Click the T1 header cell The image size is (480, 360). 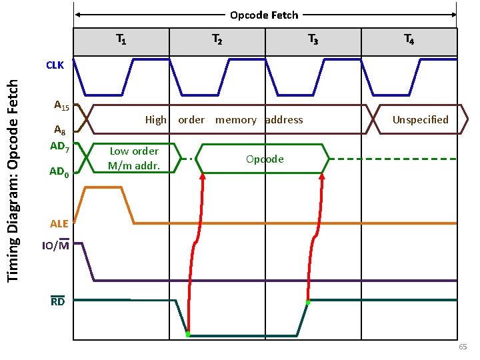[x=121, y=41]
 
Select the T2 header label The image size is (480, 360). [x=217, y=41]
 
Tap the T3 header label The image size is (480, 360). [x=313, y=41]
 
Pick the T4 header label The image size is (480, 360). [x=409, y=41]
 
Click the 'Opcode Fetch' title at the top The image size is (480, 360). [x=264, y=15]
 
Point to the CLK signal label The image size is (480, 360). [x=55, y=65]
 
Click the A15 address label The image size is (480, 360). [x=61, y=105]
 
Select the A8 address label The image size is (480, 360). [x=60, y=131]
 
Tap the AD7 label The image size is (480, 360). [x=59, y=146]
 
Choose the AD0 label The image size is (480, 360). [x=59, y=172]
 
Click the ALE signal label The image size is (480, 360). [x=59, y=223]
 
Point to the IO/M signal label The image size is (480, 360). [x=56, y=246]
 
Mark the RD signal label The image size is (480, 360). [x=58, y=301]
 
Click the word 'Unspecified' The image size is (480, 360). [x=420, y=120]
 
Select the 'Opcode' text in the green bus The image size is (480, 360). [x=265, y=159]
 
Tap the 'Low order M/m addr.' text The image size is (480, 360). [x=134, y=159]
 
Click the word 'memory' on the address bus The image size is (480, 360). [x=235, y=120]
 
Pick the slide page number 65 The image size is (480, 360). [x=463, y=348]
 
